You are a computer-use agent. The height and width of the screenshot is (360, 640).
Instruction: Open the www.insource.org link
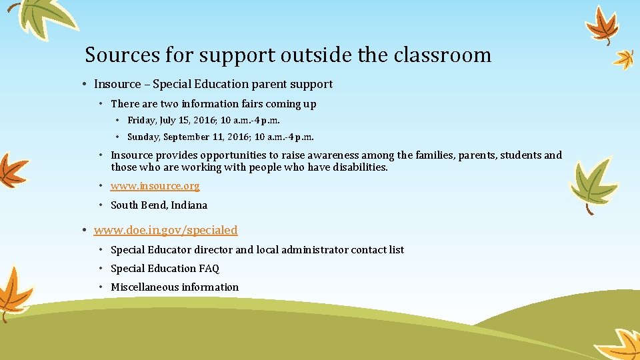155,187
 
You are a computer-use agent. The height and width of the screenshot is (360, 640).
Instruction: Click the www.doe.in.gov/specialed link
165,230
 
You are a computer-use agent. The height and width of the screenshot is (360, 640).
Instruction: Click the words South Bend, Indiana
159,205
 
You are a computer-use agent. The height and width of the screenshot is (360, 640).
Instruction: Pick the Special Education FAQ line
165,269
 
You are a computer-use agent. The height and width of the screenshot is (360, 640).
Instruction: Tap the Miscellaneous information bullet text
175,287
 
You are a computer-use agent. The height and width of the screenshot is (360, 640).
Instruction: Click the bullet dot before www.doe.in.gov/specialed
86,231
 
